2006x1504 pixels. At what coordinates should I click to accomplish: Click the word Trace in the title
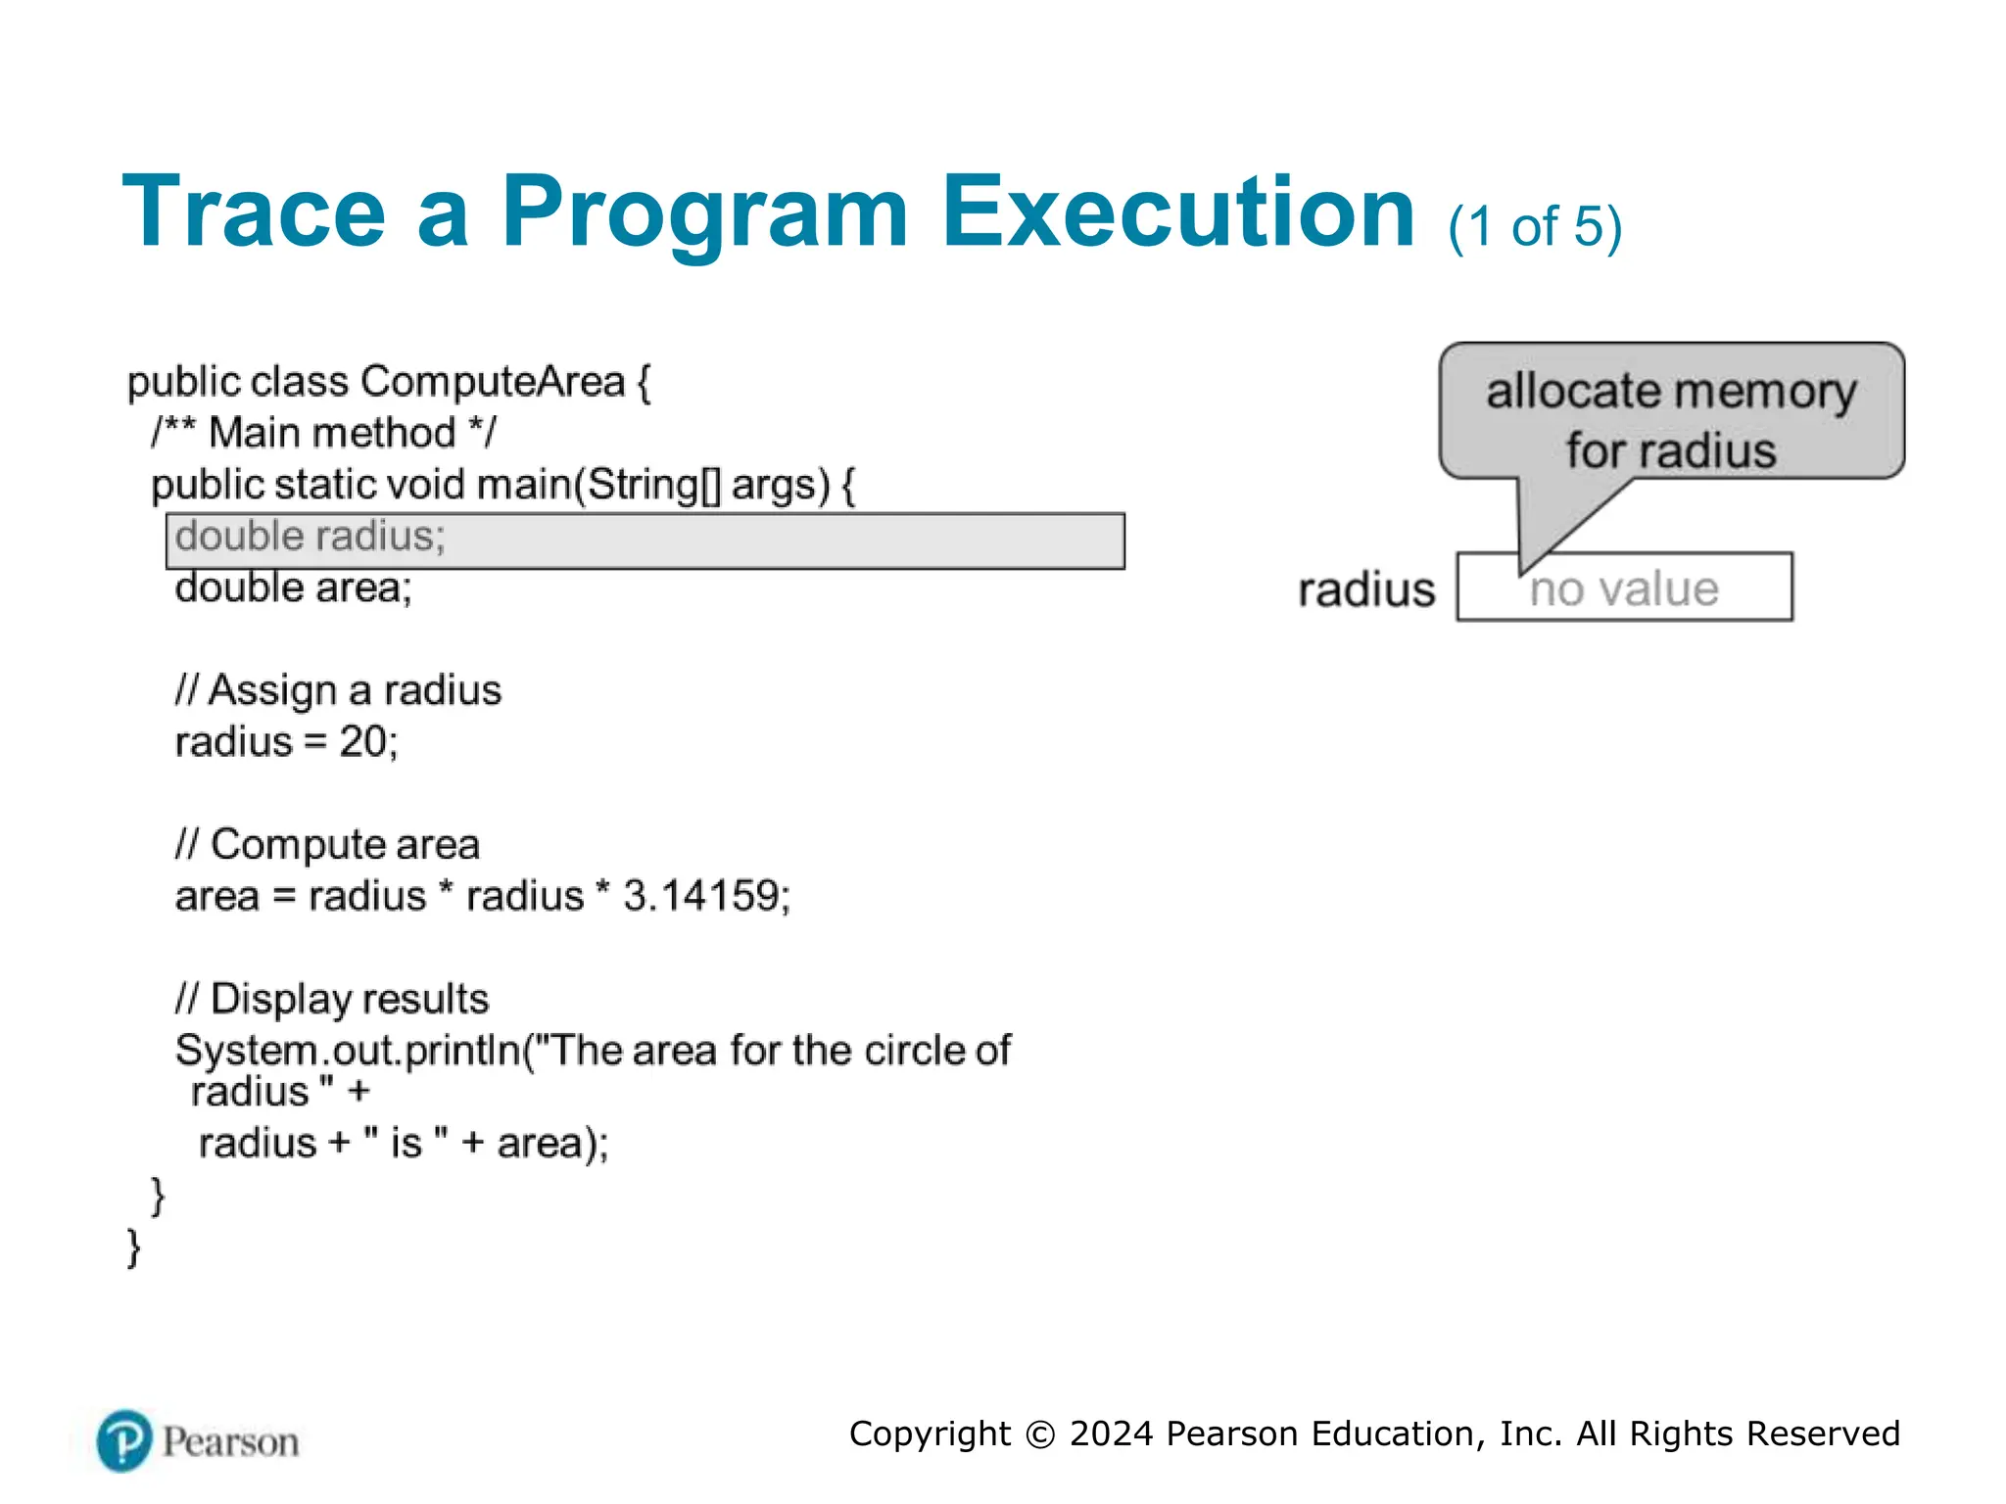point(254,212)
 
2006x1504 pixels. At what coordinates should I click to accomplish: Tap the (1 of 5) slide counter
point(1535,227)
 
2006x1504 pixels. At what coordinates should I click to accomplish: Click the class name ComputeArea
point(493,382)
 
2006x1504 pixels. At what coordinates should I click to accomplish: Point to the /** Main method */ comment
point(324,433)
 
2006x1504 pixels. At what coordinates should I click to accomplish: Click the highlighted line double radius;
point(310,538)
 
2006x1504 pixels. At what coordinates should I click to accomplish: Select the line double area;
point(294,588)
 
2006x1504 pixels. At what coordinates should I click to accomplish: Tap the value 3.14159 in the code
point(700,896)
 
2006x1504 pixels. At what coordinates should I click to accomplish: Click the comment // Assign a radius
point(338,690)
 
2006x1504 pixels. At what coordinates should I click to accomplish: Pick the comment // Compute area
point(327,845)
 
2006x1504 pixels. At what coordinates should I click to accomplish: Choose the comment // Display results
point(332,999)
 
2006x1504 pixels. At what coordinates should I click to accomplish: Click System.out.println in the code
point(348,1051)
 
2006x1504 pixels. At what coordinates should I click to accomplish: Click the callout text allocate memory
point(1671,392)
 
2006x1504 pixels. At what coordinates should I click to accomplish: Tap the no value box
point(1624,588)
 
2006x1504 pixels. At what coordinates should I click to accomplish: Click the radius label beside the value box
point(1366,590)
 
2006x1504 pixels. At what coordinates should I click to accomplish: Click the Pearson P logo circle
point(124,1440)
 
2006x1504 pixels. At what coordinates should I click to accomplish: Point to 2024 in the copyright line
point(1111,1433)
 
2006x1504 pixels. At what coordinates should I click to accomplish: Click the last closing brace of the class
point(134,1247)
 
